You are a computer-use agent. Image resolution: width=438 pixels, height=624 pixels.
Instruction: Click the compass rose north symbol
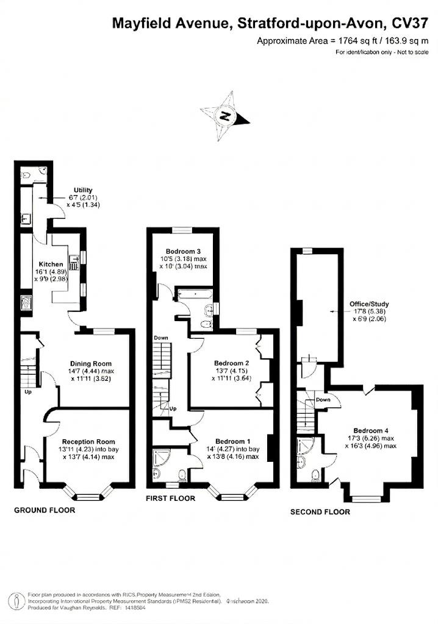[226, 115]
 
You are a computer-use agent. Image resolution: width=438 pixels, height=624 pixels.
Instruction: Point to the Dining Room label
[90, 363]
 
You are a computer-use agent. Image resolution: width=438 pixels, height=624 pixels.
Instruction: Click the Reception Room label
[89, 442]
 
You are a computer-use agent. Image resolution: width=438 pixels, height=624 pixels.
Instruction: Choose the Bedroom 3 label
[184, 251]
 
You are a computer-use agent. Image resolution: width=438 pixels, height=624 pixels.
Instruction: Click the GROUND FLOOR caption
[45, 510]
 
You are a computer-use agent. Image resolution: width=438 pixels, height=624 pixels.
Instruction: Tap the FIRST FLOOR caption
[170, 498]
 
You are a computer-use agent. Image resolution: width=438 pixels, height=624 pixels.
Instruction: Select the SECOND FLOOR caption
[320, 512]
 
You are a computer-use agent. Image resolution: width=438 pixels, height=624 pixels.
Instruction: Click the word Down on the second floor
[323, 400]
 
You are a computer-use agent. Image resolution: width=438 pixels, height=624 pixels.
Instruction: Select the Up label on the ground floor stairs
[28, 392]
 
